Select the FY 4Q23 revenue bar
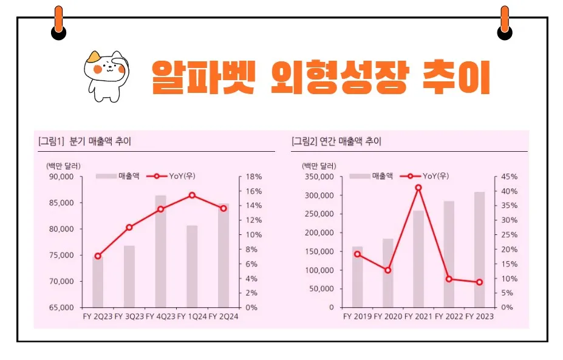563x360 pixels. pyautogui.click(x=161, y=251)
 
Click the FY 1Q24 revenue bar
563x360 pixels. pyautogui.click(x=192, y=267)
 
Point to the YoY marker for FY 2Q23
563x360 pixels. pyautogui.click(x=98, y=256)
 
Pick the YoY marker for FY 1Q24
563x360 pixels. pyautogui.click(x=192, y=195)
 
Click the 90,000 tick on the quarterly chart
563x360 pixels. pyautogui.click(x=60, y=177)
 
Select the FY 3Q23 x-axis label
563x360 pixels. pyautogui.click(x=129, y=316)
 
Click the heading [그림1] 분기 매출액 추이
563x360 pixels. pyautogui.click(x=84, y=141)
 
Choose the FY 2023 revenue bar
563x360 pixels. pyautogui.click(x=480, y=250)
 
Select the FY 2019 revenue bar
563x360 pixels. pyautogui.click(x=357, y=277)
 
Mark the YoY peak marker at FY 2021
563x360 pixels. pyautogui.click(x=418, y=188)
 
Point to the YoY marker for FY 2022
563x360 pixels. pyautogui.click(x=449, y=279)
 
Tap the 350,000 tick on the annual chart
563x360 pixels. pyautogui.click(x=318, y=177)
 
